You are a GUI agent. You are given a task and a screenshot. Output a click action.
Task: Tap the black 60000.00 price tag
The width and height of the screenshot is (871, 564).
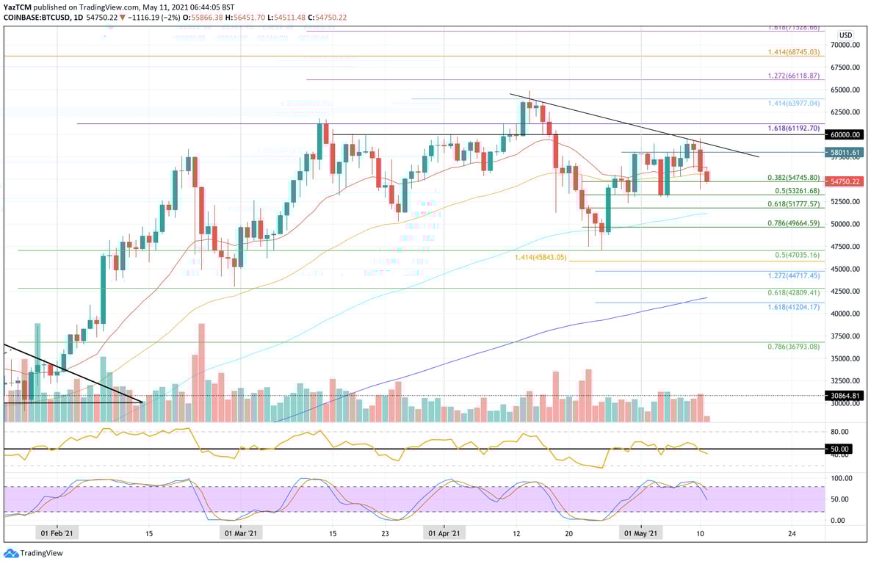(x=845, y=134)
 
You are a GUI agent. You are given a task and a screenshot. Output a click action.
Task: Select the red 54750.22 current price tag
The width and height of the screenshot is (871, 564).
(x=845, y=181)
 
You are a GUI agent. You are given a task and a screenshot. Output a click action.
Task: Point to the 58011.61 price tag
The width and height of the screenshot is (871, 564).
(x=845, y=152)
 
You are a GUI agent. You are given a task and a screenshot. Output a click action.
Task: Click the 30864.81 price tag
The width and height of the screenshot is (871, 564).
(x=845, y=395)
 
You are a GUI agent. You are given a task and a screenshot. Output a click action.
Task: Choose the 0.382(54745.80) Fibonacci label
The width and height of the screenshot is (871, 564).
(x=792, y=178)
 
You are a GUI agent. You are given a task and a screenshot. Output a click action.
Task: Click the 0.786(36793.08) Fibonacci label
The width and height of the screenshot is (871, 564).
(x=792, y=347)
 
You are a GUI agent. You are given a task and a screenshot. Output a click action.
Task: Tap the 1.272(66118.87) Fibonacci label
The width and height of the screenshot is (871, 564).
(x=792, y=76)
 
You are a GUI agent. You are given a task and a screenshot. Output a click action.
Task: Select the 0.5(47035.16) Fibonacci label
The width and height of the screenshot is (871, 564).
(x=797, y=254)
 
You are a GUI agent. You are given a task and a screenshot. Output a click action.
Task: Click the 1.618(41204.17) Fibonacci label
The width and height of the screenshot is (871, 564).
(x=792, y=306)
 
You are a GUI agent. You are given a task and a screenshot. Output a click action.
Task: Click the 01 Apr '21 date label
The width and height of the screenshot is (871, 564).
(x=444, y=534)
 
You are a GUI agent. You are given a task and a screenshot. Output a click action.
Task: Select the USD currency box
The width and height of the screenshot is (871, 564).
(x=845, y=35)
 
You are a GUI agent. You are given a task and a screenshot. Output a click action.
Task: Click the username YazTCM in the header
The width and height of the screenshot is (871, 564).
(x=18, y=6)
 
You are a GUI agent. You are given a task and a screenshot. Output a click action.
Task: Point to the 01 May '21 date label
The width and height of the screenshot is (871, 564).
(x=641, y=534)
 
